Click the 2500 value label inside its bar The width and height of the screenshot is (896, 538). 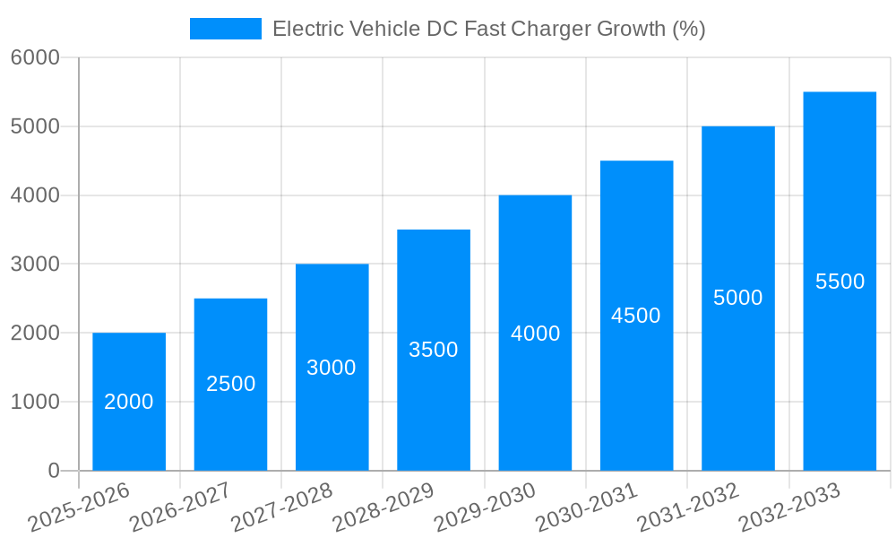coord(231,384)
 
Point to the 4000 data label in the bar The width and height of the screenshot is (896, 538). coord(535,334)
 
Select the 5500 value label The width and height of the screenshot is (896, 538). coord(840,282)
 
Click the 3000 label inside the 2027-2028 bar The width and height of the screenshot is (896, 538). coord(332,368)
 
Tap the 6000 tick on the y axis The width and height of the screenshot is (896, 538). coord(35,58)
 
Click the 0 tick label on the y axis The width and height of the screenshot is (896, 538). coord(53,471)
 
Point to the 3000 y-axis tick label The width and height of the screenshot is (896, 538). coord(35,265)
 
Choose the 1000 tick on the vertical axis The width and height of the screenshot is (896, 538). coord(35,402)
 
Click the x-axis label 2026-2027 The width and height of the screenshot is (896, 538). coord(180,508)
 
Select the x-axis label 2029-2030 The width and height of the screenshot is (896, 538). coord(485,508)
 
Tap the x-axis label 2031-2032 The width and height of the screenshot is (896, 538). coord(688,508)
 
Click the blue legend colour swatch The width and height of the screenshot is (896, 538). coord(225,29)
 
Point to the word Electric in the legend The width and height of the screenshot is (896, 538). coord(307,29)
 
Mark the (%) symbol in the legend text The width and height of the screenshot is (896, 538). coord(689,29)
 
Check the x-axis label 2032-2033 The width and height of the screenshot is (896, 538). coord(789,508)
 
